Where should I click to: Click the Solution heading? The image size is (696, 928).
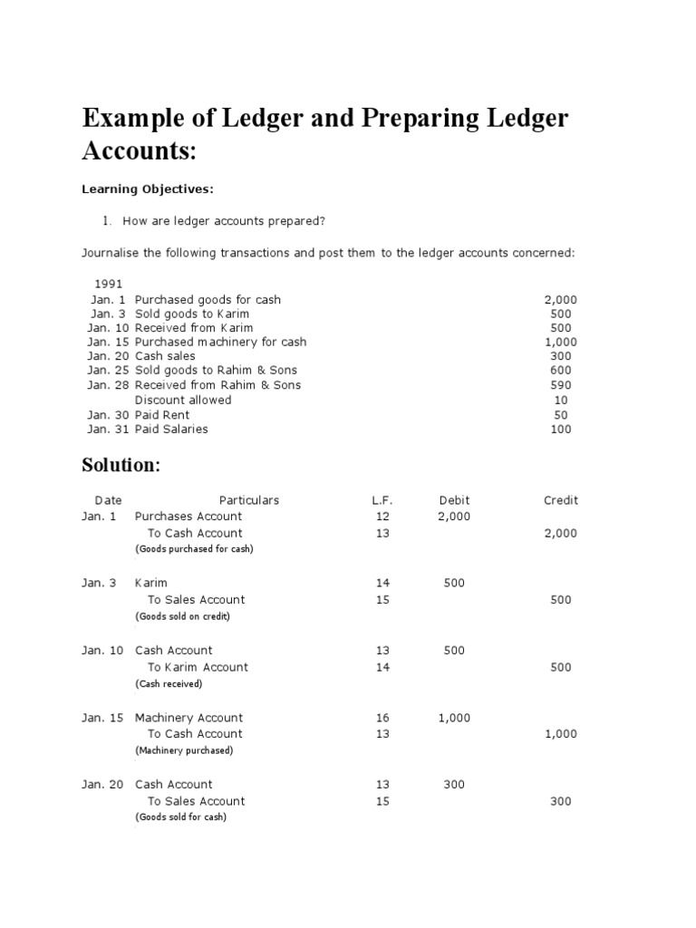coord(121,465)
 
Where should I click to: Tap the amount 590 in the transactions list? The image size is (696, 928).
coord(561,385)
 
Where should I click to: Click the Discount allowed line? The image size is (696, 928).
coord(183,400)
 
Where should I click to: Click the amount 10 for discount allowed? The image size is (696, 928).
coord(561,400)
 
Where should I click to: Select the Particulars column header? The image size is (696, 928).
coord(249,500)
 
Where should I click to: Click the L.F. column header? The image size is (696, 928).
coord(382,500)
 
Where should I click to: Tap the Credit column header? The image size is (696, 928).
coord(560,500)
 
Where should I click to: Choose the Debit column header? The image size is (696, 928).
coord(454,500)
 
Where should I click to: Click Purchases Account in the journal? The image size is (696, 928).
coord(188,517)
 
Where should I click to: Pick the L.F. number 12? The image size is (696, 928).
coord(382,517)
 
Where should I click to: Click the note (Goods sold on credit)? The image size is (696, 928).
coord(182,616)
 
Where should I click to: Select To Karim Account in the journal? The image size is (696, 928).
coord(198,667)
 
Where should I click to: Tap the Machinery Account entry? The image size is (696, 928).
coord(188,718)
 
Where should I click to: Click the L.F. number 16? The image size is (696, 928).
coord(382,718)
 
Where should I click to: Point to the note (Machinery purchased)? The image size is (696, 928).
coord(184,750)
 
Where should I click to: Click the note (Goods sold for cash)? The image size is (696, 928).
coord(180,817)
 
